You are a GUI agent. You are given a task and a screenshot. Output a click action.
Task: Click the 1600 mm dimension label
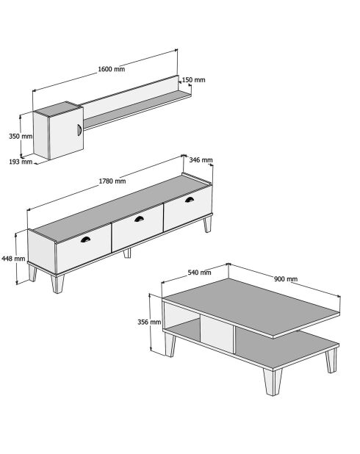(x=112, y=69)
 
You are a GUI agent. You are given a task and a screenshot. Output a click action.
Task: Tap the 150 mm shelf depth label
(x=193, y=80)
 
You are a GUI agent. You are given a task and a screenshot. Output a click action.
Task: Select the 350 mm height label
(x=21, y=136)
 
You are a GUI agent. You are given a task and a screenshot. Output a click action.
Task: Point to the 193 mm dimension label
(x=21, y=162)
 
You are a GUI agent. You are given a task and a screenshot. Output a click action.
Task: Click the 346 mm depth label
(x=201, y=160)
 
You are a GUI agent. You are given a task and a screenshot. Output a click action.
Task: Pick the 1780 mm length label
(x=112, y=181)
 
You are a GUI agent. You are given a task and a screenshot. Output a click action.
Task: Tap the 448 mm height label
(x=13, y=259)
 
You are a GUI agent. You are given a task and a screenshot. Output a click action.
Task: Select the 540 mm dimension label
(x=199, y=273)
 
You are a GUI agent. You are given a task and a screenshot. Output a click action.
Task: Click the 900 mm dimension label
(x=286, y=279)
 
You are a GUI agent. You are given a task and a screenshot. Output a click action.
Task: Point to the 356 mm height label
(x=149, y=322)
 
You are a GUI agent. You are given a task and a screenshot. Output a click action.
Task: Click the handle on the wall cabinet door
(x=79, y=130)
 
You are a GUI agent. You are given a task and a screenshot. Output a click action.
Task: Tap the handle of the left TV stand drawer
(x=85, y=239)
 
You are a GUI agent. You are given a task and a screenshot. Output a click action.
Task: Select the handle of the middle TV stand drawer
(x=140, y=219)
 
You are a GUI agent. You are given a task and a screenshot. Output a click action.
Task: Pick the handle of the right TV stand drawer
(x=190, y=200)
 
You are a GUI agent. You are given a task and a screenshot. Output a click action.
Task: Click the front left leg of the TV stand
(x=57, y=284)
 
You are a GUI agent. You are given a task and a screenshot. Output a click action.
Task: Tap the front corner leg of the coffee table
(x=273, y=381)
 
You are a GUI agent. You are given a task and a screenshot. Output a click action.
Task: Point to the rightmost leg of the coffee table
(x=331, y=361)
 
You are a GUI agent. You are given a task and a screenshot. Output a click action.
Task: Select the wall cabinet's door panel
(x=67, y=133)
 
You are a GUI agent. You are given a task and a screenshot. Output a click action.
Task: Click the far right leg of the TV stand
(x=207, y=224)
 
